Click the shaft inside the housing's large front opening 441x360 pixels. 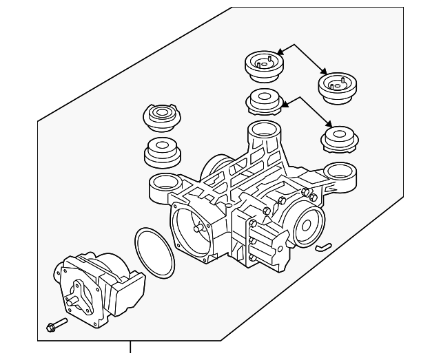click(200, 229)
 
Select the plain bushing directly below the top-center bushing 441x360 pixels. click(264, 102)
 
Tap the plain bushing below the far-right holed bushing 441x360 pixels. click(340, 138)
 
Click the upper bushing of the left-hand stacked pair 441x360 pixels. click(161, 116)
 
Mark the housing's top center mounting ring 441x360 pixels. click(262, 129)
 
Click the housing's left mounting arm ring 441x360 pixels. click(163, 183)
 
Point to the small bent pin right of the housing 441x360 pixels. click(323, 246)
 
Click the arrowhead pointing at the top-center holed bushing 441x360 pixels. click(280, 52)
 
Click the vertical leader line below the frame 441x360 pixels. click(130, 350)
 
